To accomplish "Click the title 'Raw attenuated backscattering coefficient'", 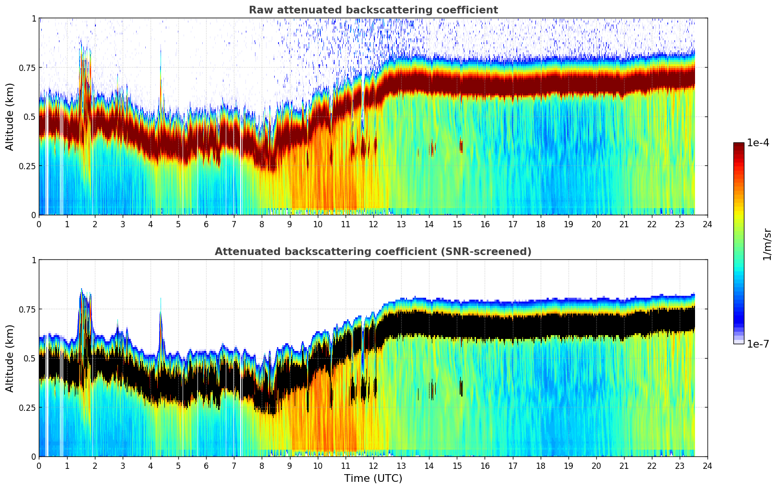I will [373, 10].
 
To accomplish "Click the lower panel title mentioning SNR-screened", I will [373, 252].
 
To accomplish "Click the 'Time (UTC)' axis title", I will [373, 478].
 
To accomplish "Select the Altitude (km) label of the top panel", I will [10, 116].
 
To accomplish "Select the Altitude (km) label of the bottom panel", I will [10, 358].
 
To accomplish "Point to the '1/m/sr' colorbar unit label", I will [767, 244].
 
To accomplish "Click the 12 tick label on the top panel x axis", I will [373, 224].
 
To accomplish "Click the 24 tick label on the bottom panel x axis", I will [707, 466].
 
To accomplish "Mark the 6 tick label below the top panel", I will [206, 224].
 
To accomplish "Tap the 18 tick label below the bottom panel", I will [540, 466].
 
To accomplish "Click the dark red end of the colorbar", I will [738, 146].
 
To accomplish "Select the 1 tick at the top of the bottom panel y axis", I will [34, 260].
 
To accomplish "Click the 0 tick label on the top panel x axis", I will [39, 224].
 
